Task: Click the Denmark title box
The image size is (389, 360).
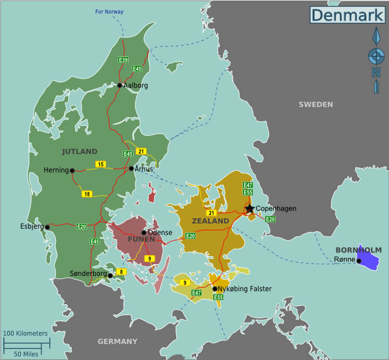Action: click(347, 15)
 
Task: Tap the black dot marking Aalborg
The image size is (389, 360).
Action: click(120, 85)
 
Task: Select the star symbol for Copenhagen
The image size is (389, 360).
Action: click(249, 208)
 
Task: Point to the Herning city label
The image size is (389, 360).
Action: click(56, 170)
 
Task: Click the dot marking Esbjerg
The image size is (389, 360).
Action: click(48, 227)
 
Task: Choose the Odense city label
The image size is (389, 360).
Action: click(160, 233)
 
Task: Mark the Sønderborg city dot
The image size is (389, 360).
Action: click(111, 276)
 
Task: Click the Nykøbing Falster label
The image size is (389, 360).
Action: click(245, 288)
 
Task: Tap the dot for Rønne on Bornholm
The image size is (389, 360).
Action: click(359, 261)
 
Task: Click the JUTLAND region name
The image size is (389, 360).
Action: click(79, 152)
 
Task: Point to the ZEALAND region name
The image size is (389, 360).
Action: click(210, 221)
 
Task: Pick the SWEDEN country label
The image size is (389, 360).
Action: click(316, 104)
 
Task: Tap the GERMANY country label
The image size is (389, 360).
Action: click(118, 341)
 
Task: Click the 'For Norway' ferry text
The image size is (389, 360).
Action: click(109, 11)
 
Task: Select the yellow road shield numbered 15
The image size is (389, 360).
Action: click(100, 164)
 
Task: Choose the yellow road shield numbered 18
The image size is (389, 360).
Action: click(87, 194)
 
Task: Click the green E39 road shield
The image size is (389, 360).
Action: click(123, 60)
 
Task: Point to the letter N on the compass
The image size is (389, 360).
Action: click(376, 72)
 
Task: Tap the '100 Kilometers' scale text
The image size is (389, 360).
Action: click(25, 333)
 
